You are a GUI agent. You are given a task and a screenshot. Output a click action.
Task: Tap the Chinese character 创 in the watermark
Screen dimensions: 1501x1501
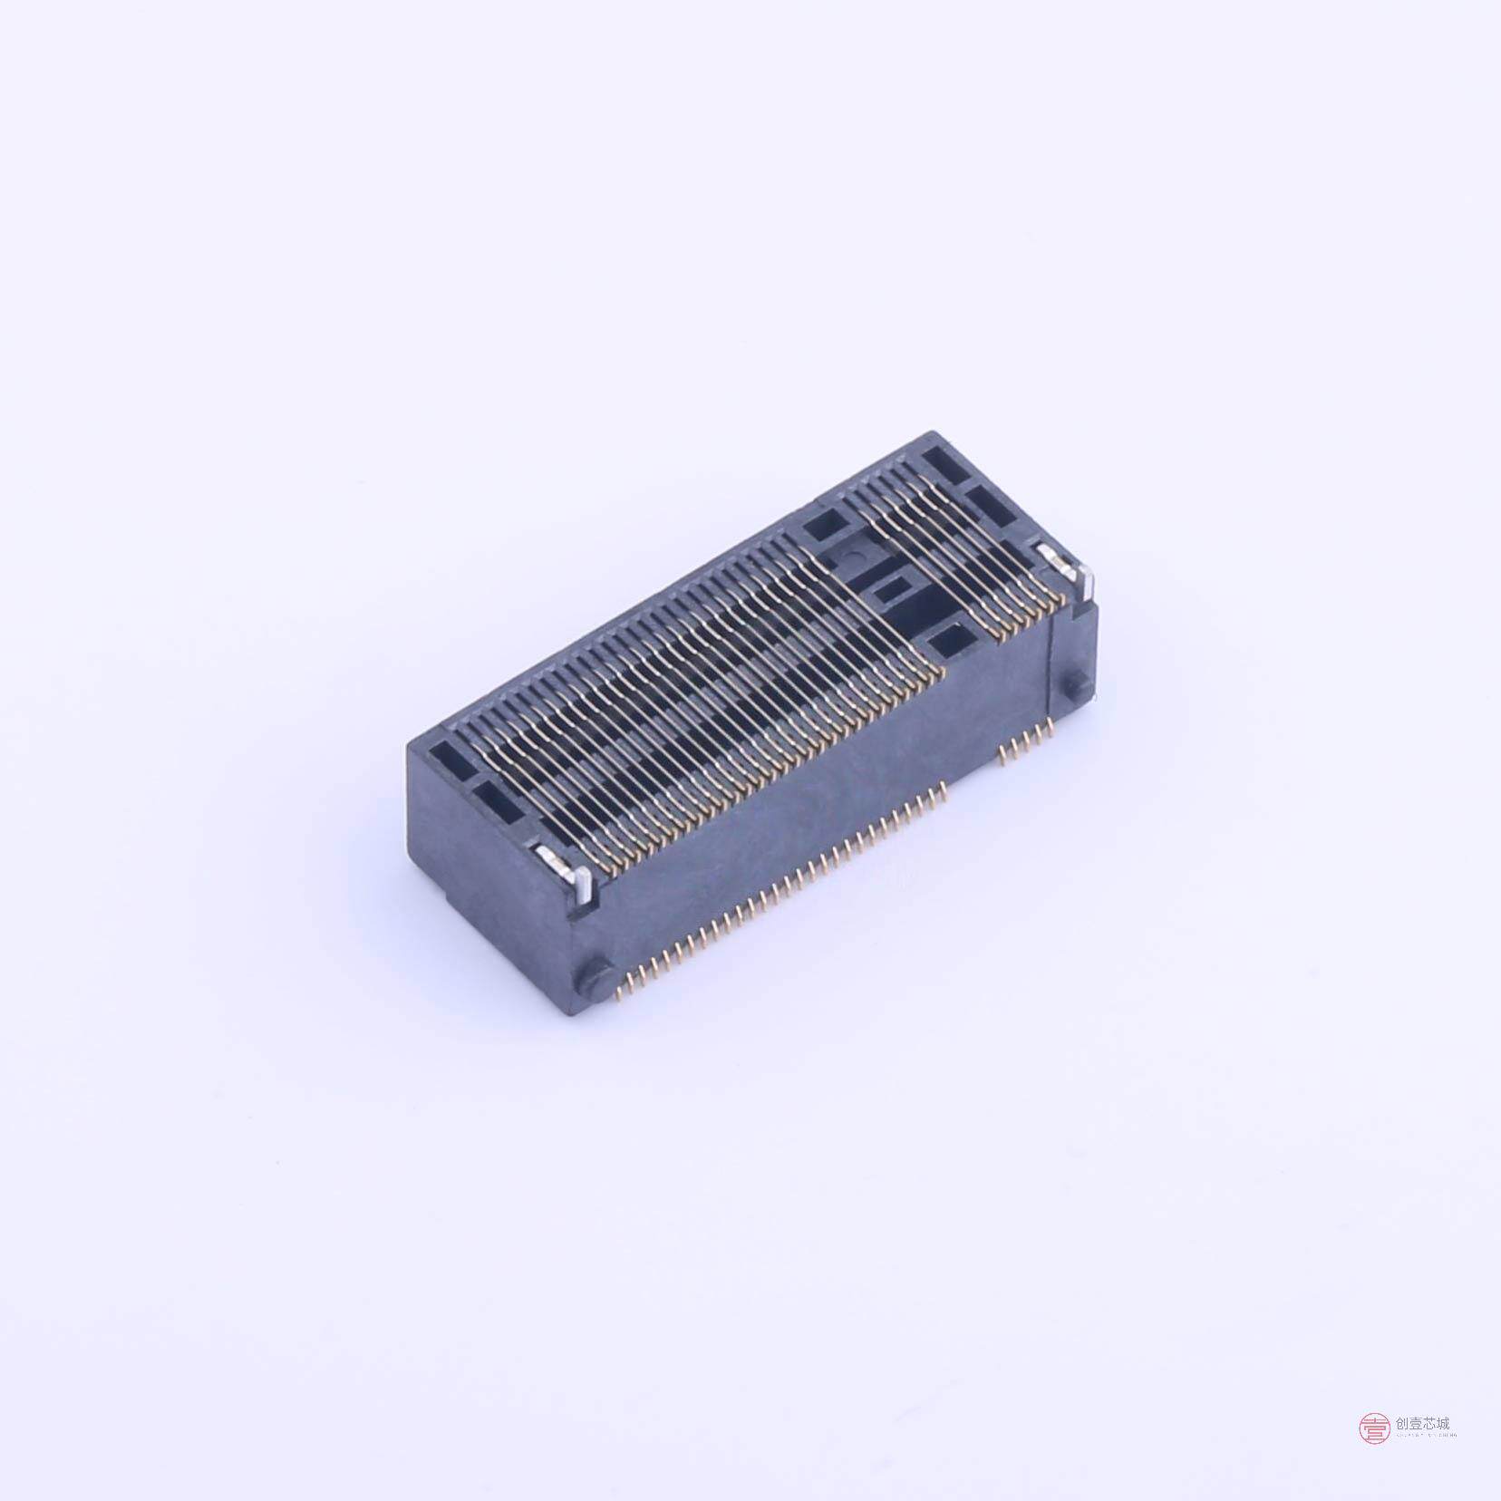[1404, 1424]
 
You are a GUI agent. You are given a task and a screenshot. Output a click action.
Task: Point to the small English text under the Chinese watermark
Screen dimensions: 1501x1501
[1426, 1436]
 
